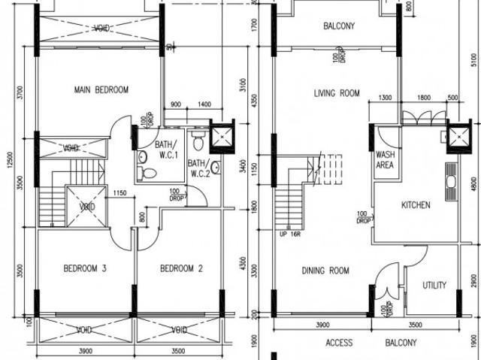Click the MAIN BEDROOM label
pos(101,90)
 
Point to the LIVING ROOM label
pos(336,93)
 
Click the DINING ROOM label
pos(325,271)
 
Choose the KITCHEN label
pos(416,205)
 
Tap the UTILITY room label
pos(434,286)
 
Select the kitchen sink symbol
pos(451,181)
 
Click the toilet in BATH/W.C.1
pos(149,173)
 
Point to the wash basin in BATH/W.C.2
pos(215,167)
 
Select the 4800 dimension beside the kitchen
pos(473,184)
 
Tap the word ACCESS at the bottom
pos(339,343)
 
